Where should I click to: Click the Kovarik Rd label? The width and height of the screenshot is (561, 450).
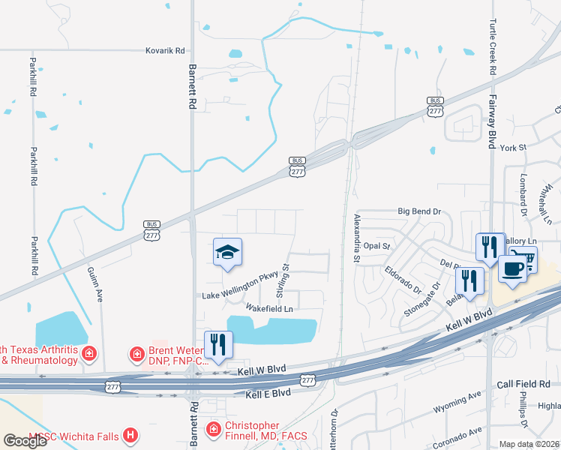[165, 51]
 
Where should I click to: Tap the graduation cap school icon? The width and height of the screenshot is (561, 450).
[228, 252]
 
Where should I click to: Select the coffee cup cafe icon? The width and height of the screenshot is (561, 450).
[513, 269]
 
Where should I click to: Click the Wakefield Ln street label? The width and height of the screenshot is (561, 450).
[268, 308]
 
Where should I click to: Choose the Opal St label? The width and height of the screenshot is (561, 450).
[376, 246]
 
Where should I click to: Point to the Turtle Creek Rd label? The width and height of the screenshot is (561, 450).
[493, 46]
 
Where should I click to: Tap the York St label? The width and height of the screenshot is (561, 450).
[517, 148]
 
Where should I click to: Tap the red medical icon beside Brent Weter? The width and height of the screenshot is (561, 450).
[136, 352]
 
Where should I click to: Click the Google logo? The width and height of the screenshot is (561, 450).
[25, 441]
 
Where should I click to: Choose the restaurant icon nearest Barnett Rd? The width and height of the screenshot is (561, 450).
[218, 344]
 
